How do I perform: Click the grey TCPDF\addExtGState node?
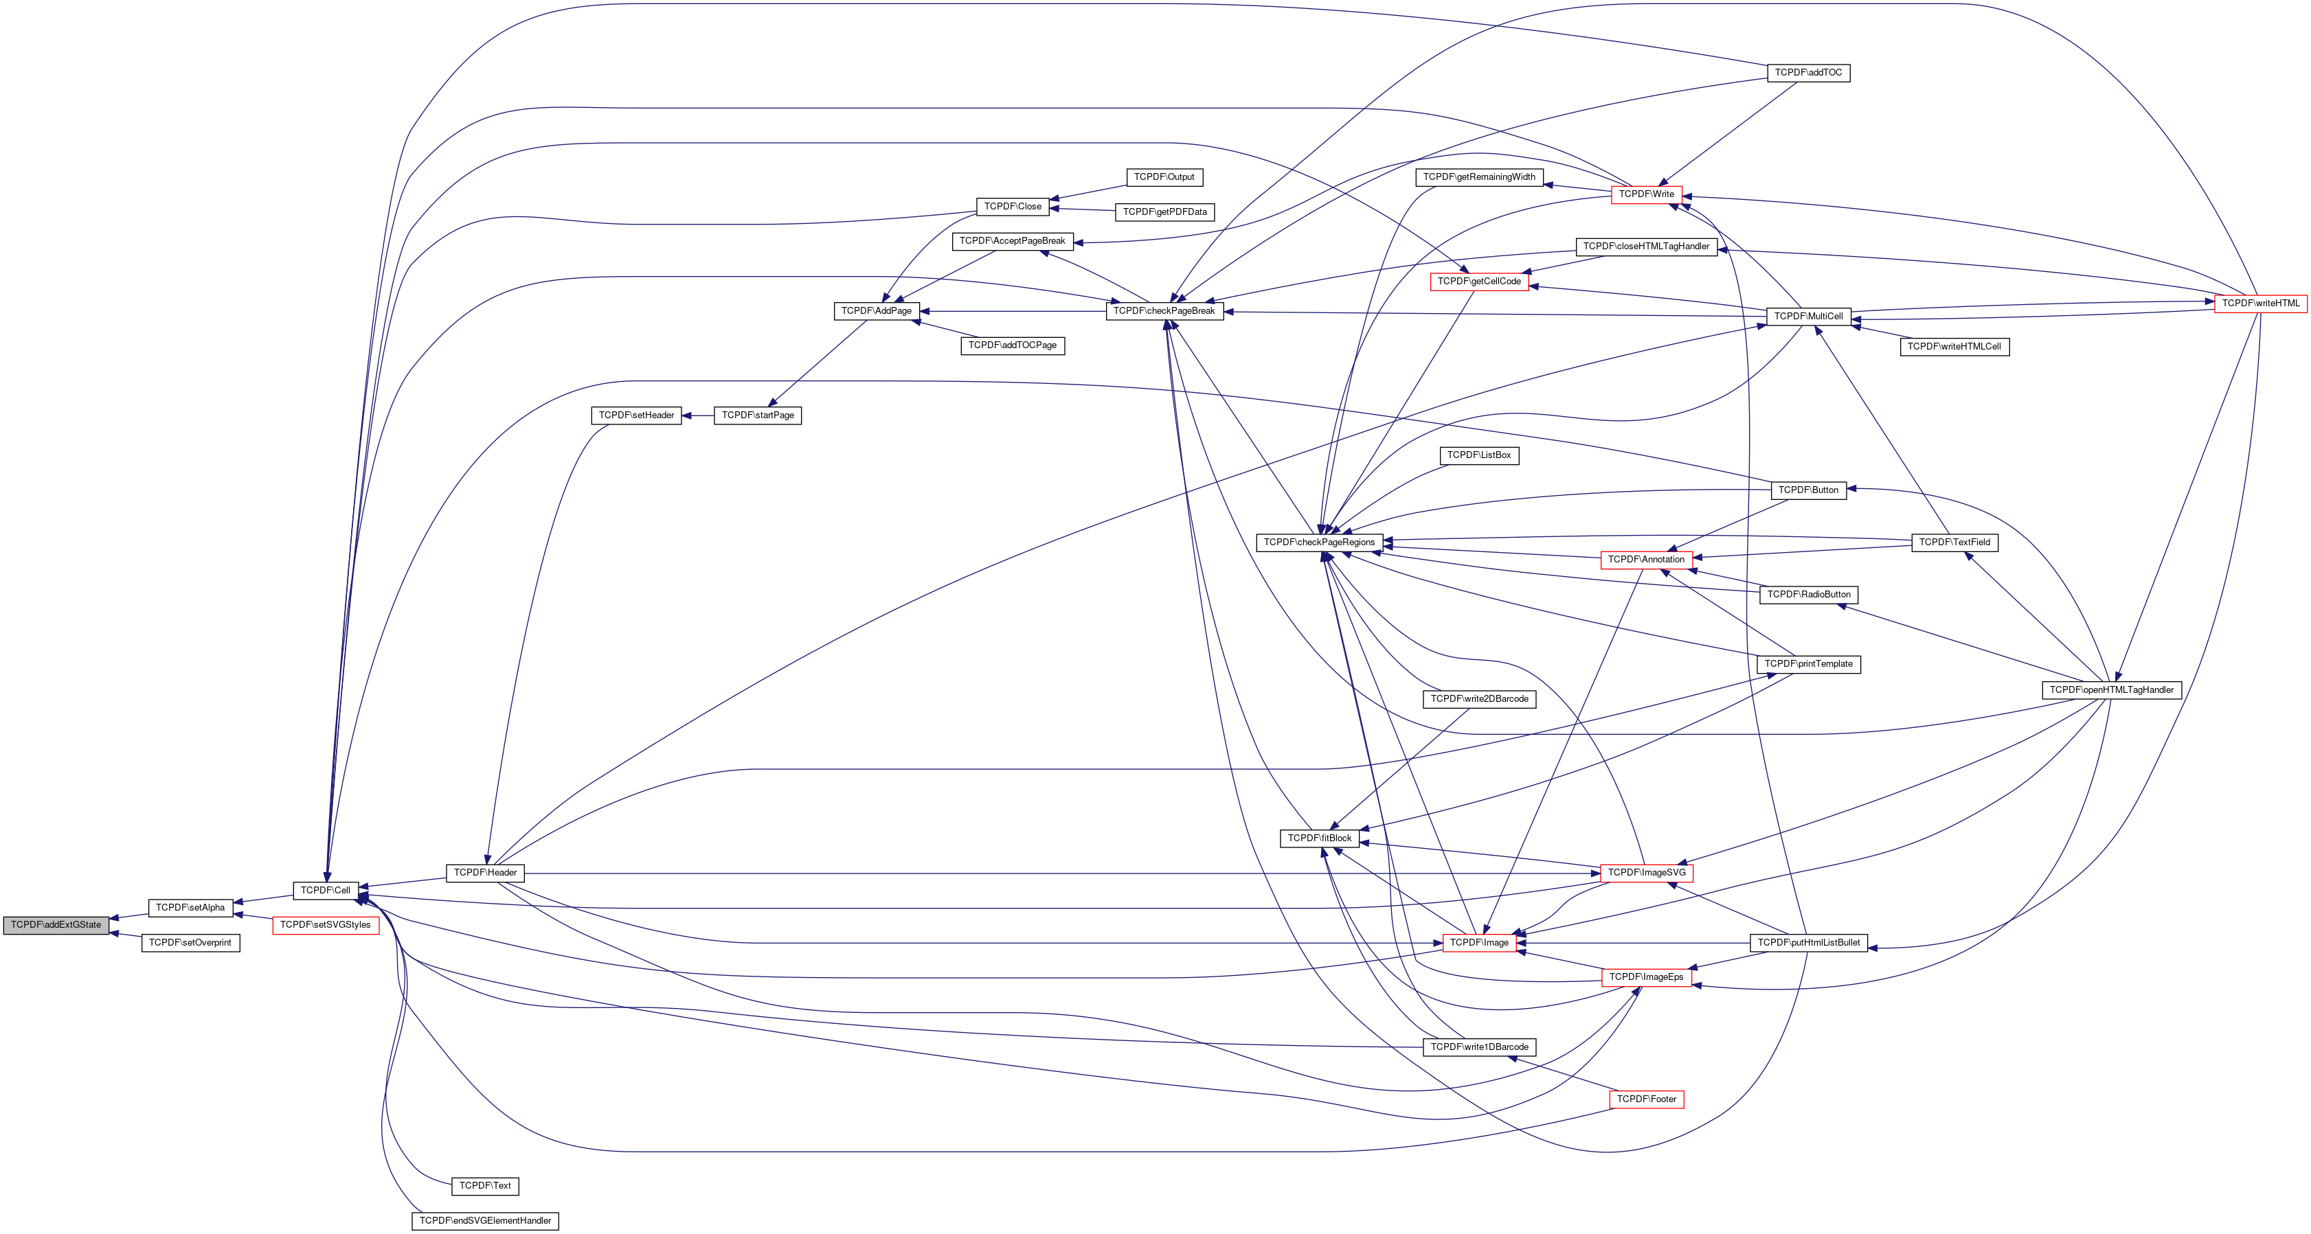point(56,924)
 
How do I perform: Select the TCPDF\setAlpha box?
point(190,908)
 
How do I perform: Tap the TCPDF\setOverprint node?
point(190,943)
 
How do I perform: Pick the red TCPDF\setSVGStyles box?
point(325,924)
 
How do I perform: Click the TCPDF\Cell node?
point(325,891)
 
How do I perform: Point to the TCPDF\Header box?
point(484,873)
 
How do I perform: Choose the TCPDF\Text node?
point(484,1185)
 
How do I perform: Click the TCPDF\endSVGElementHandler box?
point(484,1220)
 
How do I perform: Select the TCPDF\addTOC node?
point(1807,73)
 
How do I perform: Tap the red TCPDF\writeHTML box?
point(2260,303)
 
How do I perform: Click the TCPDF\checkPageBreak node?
point(1164,311)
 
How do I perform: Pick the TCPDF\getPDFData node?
point(1164,212)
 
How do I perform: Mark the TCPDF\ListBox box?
point(1478,455)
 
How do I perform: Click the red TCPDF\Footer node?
point(1646,1099)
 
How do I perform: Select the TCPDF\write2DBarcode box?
point(1478,698)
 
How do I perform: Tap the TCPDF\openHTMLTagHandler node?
point(2111,689)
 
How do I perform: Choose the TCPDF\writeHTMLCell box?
point(1954,346)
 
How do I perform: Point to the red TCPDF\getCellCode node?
point(1478,282)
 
